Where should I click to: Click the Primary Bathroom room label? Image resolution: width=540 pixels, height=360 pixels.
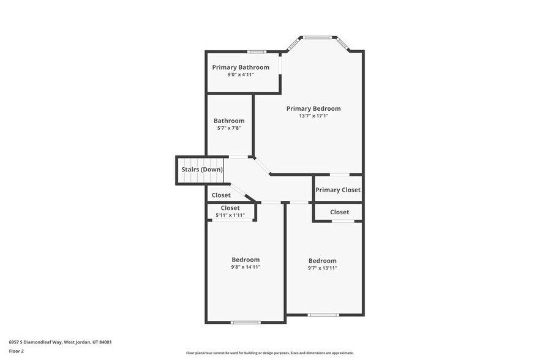tap(241, 67)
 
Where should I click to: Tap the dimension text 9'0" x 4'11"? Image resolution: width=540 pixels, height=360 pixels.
tap(241, 75)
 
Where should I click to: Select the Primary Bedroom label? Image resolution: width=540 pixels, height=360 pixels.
tap(313, 108)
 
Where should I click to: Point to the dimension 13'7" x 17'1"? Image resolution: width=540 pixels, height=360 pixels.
tap(313, 116)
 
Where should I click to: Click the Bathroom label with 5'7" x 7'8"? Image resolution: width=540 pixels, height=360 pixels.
tap(229, 121)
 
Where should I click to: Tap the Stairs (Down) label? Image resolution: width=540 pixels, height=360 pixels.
tap(202, 170)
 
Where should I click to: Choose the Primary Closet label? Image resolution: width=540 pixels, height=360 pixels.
tap(338, 190)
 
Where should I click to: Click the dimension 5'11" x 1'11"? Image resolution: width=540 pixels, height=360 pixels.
tap(230, 215)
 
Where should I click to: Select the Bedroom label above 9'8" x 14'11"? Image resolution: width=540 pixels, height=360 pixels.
tap(246, 260)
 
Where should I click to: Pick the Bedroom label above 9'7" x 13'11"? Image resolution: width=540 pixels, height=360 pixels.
tap(322, 260)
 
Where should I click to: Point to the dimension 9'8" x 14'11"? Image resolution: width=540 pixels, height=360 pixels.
tap(246, 268)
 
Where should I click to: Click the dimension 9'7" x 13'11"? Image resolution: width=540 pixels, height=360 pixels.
tap(322, 268)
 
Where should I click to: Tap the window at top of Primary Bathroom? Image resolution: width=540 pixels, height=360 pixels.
tap(257, 51)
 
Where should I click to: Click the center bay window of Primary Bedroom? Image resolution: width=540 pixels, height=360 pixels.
tap(318, 37)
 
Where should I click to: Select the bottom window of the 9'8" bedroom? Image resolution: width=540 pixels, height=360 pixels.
tap(246, 322)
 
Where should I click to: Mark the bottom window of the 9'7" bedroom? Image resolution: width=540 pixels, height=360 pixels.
tap(323, 315)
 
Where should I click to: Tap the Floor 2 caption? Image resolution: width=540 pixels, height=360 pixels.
tap(17, 351)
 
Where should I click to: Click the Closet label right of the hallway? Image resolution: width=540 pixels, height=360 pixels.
tap(339, 212)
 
